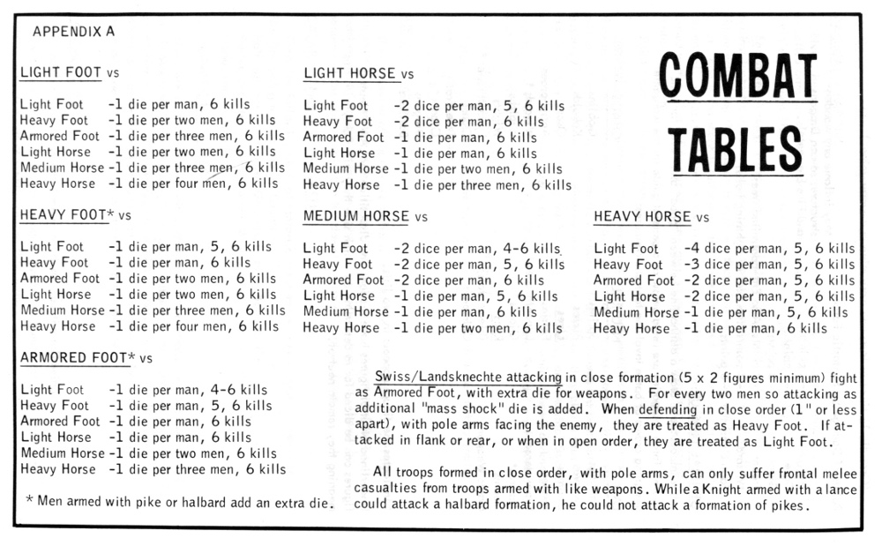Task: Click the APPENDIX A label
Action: tap(73, 32)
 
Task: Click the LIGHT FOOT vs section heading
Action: tap(69, 73)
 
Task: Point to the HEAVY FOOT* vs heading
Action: tap(75, 215)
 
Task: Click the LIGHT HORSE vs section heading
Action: tap(358, 74)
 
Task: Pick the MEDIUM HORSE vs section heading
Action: tap(365, 217)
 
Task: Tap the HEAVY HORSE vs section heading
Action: tap(651, 217)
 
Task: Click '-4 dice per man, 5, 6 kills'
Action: tap(769, 249)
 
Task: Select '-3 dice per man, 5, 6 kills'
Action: tap(769, 265)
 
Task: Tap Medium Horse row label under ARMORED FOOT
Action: tap(62, 453)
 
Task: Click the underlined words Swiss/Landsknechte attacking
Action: tap(468, 377)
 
